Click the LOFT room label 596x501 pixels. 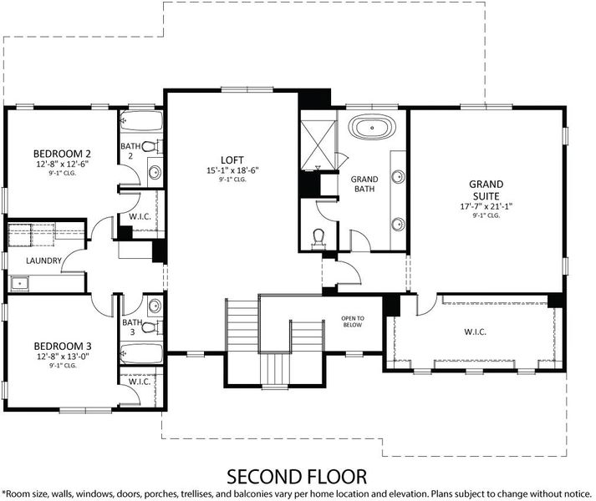tap(232, 160)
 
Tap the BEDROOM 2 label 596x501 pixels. tap(62, 154)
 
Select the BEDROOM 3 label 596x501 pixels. tap(63, 346)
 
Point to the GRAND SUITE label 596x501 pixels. tap(486, 190)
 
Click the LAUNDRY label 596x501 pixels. tap(43, 261)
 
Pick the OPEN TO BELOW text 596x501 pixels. tap(353, 321)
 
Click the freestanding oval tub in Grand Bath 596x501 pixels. tap(372, 127)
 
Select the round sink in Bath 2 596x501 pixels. tap(155, 173)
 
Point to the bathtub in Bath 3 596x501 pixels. tap(142, 354)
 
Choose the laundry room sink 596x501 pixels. tap(20, 283)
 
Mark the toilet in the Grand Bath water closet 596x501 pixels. tap(318, 240)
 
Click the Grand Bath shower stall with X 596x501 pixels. tap(318, 144)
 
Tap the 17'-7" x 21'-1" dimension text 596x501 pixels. tap(486, 206)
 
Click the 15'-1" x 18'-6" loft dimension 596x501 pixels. tap(232, 170)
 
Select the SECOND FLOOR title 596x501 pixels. tap(297, 477)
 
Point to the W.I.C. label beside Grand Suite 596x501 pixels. tap(475, 332)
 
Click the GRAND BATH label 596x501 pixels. tap(364, 184)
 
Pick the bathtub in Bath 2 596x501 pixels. tap(141, 121)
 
